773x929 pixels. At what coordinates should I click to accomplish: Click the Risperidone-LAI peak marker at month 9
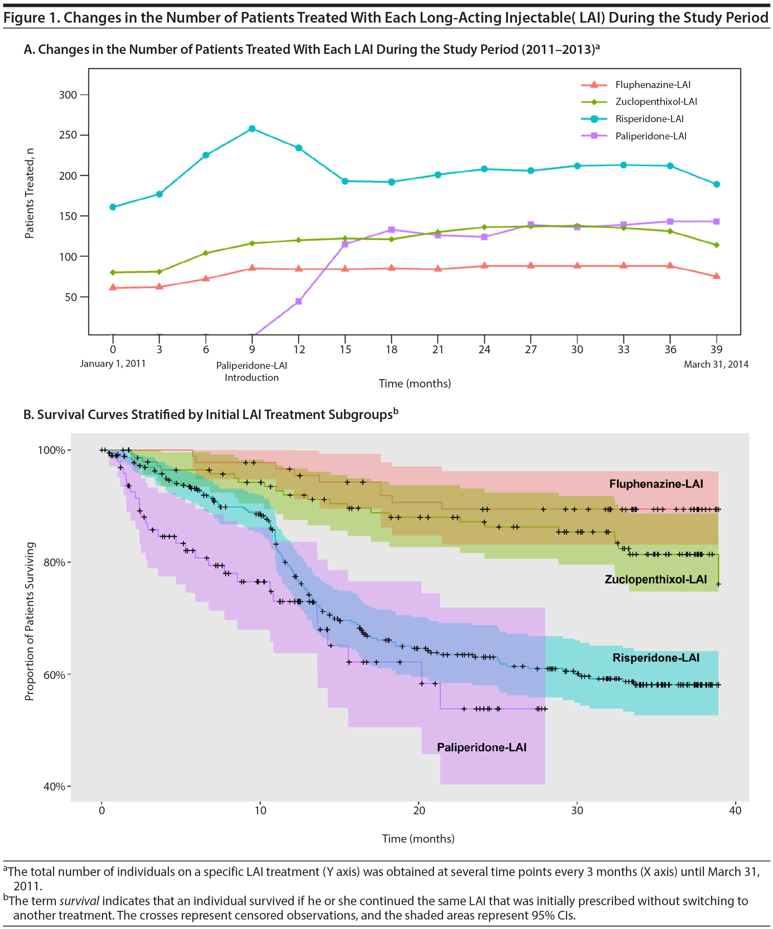coord(252,129)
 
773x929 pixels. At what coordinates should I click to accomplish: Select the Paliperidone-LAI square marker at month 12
coord(298,301)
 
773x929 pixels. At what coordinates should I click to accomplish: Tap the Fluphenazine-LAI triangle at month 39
coord(716,276)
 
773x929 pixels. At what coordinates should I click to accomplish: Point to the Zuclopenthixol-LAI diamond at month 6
coord(205,253)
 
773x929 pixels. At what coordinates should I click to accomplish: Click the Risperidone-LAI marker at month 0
coord(113,207)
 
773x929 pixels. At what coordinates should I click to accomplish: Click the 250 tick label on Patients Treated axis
coord(68,135)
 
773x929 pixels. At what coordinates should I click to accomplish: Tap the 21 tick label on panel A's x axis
coord(438,350)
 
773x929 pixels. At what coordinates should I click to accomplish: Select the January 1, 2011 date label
coord(113,364)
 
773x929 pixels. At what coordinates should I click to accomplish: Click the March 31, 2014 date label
coord(716,364)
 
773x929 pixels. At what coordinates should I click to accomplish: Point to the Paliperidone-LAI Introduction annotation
coord(252,371)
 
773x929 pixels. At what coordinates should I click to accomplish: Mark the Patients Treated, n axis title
coord(29,193)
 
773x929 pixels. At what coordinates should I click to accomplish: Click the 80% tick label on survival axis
coord(54,562)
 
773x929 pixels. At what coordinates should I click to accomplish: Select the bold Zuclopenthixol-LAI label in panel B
coord(655,579)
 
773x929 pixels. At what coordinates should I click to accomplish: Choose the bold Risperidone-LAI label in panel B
coord(656,658)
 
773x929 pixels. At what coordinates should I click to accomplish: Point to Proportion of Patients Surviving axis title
coord(29,621)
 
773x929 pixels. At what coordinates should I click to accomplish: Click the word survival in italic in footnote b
coord(79,901)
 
